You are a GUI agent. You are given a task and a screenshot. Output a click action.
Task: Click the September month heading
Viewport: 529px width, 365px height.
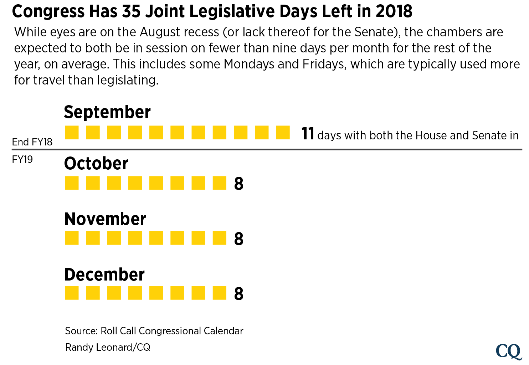[x=107, y=112]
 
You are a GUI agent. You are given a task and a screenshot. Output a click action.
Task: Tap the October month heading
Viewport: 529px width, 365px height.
[x=96, y=164]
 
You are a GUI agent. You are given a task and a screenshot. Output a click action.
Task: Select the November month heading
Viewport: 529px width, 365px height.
[x=105, y=219]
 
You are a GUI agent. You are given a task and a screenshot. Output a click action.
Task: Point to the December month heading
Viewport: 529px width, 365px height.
[x=104, y=274]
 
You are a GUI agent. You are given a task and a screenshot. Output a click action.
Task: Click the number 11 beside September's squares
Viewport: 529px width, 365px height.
[x=308, y=134]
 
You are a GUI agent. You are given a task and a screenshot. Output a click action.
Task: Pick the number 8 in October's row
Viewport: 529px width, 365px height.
[x=239, y=184]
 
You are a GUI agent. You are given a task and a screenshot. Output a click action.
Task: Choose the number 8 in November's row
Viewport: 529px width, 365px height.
[x=239, y=239]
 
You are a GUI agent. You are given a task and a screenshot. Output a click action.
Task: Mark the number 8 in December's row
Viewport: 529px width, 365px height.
[x=239, y=294]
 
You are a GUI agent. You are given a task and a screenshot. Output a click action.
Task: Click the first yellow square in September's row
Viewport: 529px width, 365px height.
[x=72, y=133]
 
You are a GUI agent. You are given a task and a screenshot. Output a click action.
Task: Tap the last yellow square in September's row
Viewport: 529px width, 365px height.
[x=283, y=133]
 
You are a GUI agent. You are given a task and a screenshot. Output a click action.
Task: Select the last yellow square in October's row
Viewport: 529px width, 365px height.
[x=220, y=183]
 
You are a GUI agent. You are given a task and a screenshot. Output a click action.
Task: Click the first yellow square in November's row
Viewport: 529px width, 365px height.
[x=72, y=238]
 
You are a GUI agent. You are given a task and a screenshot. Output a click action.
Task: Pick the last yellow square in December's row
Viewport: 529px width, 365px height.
[x=220, y=293]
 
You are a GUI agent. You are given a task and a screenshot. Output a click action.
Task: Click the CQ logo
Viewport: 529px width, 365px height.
[x=509, y=351]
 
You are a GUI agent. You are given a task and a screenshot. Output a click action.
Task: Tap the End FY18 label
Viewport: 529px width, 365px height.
[x=32, y=142]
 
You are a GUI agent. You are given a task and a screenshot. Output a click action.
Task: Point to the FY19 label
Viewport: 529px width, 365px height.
[x=22, y=159]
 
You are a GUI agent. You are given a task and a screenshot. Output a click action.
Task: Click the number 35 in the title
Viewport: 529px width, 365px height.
[x=132, y=11]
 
